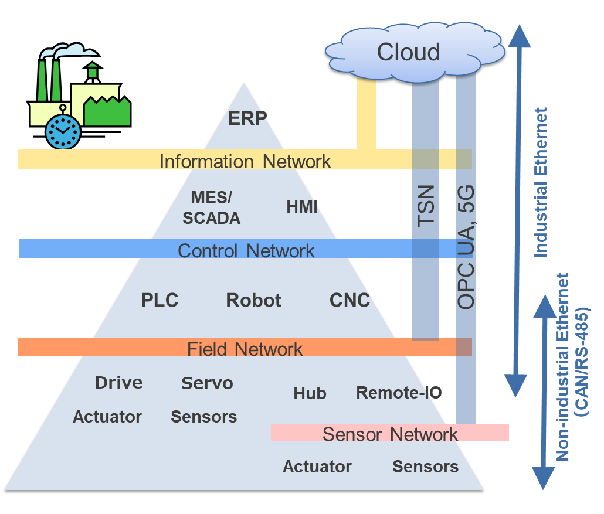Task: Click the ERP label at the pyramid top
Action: pyautogui.click(x=247, y=118)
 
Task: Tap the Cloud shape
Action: pyautogui.click(x=409, y=52)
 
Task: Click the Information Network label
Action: pyautogui.click(x=245, y=161)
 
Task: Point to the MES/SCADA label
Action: pyautogui.click(x=212, y=208)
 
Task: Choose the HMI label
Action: pyautogui.click(x=302, y=207)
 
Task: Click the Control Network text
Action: pyautogui.click(x=246, y=251)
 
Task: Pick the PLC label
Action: pyautogui.click(x=160, y=300)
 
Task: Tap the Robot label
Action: pyautogui.click(x=253, y=300)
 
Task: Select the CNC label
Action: pyautogui.click(x=349, y=300)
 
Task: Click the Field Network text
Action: pyautogui.click(x=245, y=349)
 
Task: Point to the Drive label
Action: pyautogui.click(x=118, y=383)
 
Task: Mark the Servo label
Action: pyautogui.click(x=207, y=383)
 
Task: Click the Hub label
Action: pyautogui.click(x=310, y=393)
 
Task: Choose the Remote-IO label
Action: pyautogui.click(x=399, y=393)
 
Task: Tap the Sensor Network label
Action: pyautogui.click(x=390, y=434)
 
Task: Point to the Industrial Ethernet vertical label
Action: pyautogui.click(x=541, y=182)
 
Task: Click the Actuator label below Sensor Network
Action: pyautogui.click(x=317, y=467)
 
